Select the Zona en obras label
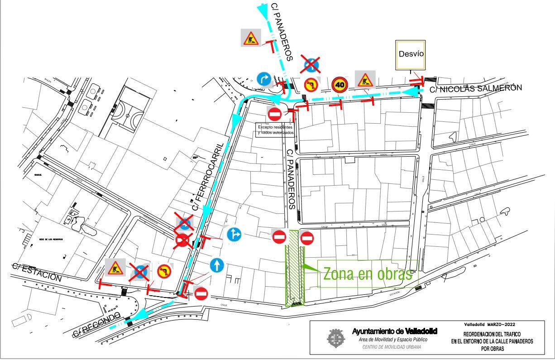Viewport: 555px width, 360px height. [367, 274]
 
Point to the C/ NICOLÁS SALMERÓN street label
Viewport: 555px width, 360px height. [475, 88]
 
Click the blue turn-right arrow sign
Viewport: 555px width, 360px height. [263, 79]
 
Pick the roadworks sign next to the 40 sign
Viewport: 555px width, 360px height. [364, 80]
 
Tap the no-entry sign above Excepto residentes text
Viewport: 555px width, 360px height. [275, 113]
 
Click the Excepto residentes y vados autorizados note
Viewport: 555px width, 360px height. [276, 130]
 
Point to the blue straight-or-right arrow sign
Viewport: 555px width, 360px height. [234, 235]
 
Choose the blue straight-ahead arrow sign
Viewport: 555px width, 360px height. [217, 265]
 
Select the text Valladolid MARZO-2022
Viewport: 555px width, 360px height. [489, 325]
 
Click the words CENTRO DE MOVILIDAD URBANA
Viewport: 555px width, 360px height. [391, 347]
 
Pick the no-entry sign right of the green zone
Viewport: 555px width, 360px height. [307, 237]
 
